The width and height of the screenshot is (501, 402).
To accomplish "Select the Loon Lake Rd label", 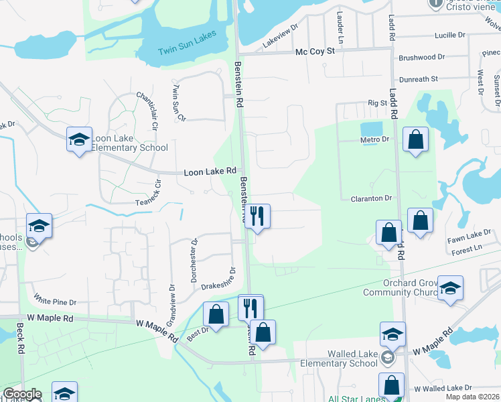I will click(211, 172).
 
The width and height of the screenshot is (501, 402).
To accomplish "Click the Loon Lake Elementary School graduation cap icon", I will click(79, 140).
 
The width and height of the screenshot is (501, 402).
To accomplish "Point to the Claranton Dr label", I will click(371, 198).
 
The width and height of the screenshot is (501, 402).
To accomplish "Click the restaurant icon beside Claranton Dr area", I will click(257, 216).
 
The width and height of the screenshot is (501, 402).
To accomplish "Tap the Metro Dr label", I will click(375, 139).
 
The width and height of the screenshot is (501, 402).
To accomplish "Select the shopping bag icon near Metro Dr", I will click(416, 140).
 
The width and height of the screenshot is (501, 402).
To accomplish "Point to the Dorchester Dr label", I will click(194, 259).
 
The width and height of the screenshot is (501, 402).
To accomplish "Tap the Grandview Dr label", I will click(171, 284).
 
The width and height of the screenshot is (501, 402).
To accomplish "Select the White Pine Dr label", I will click(55, 302).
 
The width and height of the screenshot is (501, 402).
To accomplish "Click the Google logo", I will click(21, 395).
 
